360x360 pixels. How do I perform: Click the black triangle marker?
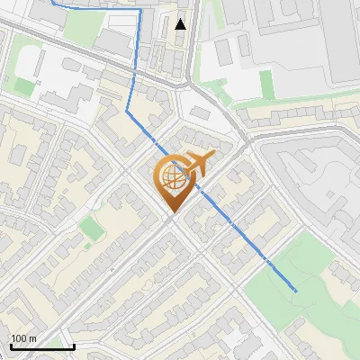181,24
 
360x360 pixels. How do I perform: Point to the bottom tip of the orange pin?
171,213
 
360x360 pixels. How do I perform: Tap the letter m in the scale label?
33,338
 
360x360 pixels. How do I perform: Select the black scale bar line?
41,346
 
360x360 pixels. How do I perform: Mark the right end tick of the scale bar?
73,345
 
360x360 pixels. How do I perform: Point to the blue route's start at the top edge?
50,1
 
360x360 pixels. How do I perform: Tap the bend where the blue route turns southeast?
129,112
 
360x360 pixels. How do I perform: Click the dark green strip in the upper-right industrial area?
266,85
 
